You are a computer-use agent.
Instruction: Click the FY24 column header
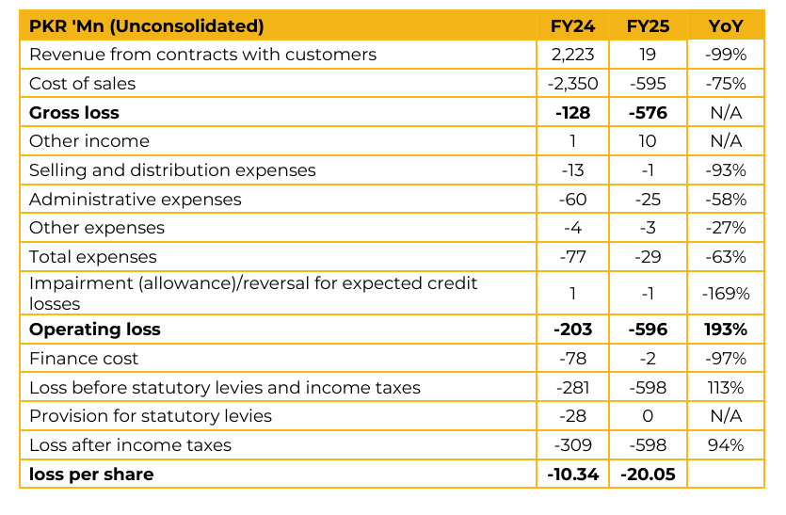coord(573,25)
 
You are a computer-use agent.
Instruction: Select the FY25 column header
coord(648,25)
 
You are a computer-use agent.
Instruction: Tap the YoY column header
coord(725,25)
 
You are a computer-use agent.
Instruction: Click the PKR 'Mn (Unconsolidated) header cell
coord(146,25)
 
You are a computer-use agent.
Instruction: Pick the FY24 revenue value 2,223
coord(573,55)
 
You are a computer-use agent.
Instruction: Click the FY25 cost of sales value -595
coord(648,84)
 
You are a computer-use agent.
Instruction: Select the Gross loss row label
coord(74,113)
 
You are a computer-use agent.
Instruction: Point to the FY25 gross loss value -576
coord(648,113)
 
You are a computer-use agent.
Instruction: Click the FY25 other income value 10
coord(648,141)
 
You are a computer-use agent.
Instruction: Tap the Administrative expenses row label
coord(136,200)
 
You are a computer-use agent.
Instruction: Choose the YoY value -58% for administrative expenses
coord(725,200)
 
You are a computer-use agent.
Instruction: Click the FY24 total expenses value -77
coord(573,257)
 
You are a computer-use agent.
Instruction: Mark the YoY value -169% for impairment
coord(725,294)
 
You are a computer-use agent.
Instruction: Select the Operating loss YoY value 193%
coord(725,330)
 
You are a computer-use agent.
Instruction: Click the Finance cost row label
coord(84,359)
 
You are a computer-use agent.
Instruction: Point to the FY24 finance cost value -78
coord(573,359)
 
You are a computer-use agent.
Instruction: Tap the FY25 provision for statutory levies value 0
coord(648,416)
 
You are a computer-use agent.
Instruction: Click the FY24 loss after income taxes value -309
coord(573,445)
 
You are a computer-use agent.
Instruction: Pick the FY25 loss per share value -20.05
coord(648,475)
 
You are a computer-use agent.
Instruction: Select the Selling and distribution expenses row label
coord(172,170)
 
